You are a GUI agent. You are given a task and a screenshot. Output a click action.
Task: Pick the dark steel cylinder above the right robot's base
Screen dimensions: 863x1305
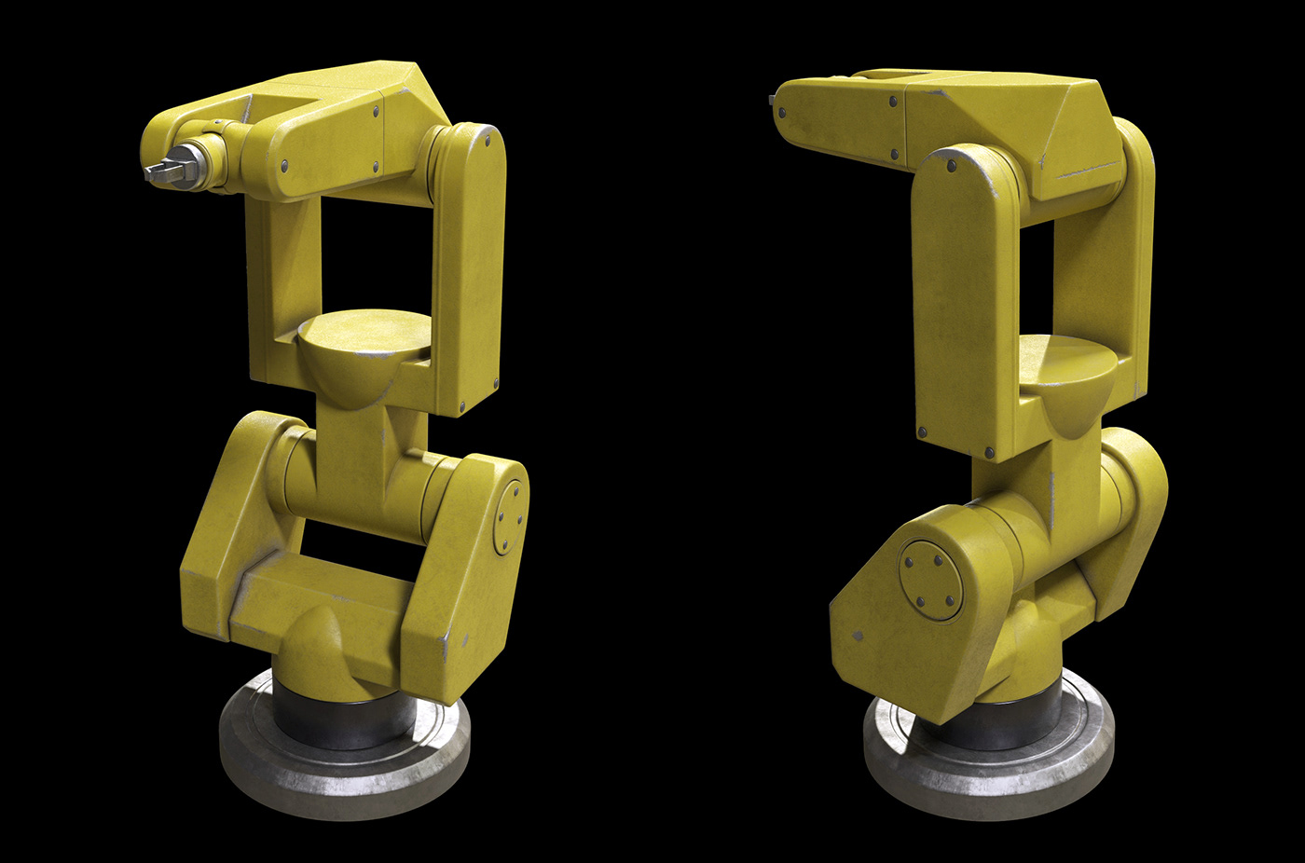coord(1007,722)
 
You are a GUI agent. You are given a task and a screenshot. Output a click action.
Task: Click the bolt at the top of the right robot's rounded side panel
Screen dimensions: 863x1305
coord(952,166)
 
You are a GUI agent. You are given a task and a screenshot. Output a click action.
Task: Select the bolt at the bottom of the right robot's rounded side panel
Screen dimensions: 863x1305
coord(922,433)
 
